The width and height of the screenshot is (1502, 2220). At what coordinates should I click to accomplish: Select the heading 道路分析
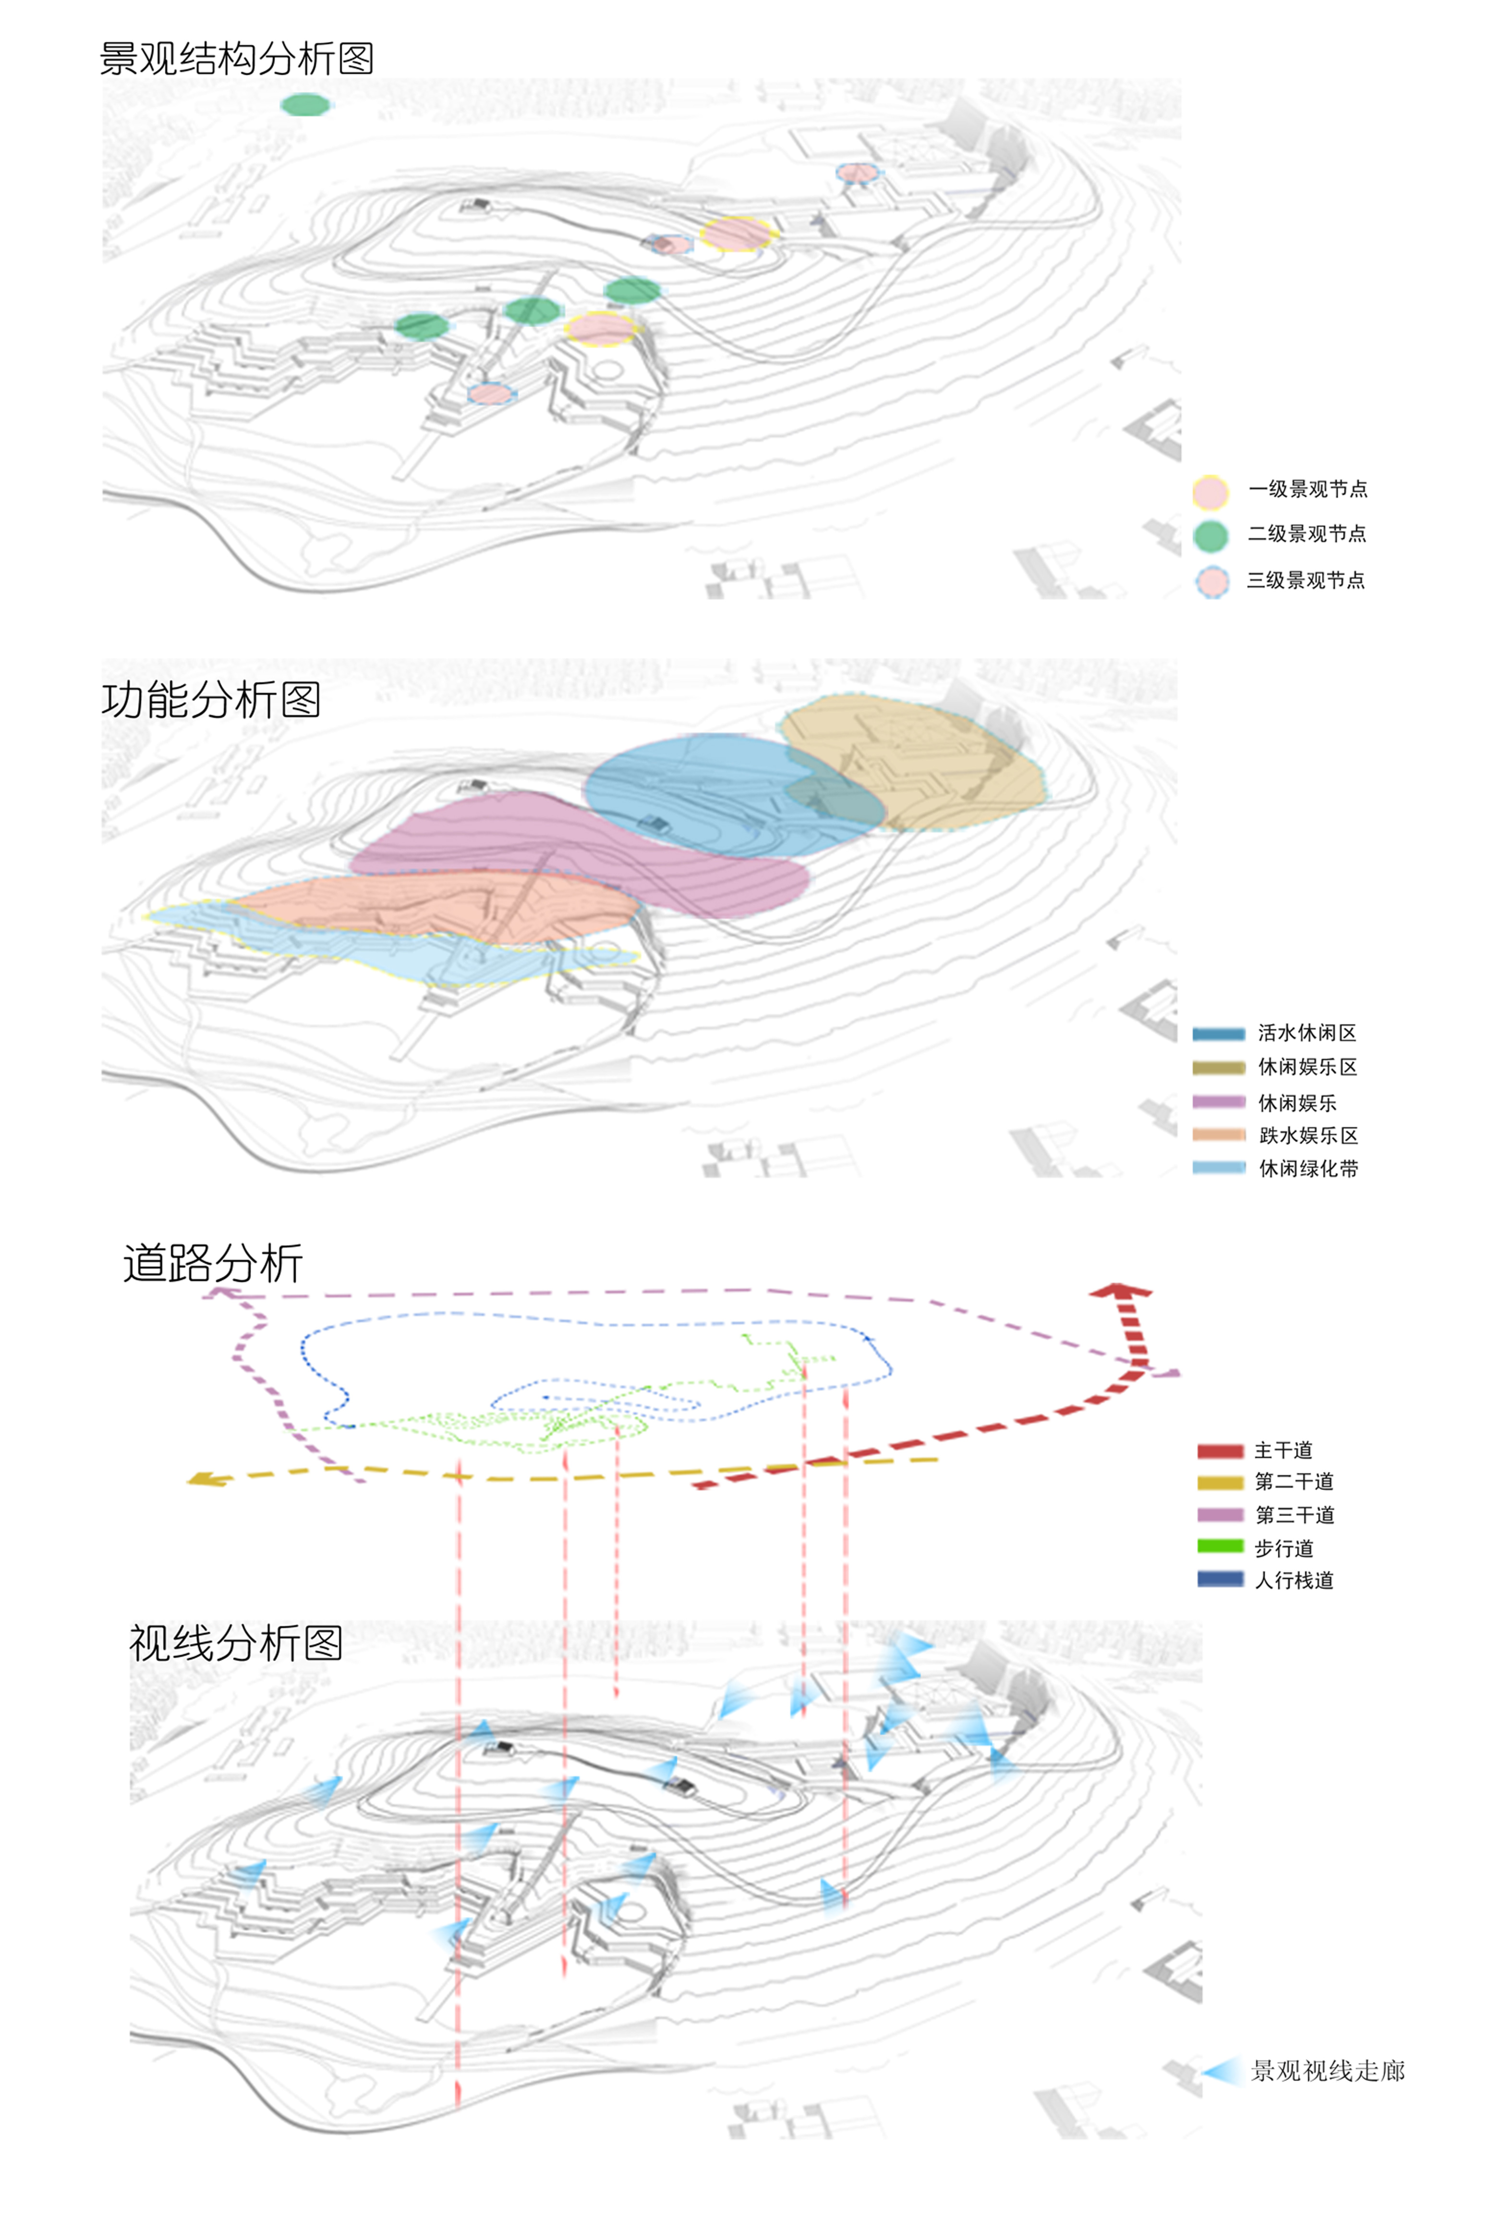click(x=213, y=1263)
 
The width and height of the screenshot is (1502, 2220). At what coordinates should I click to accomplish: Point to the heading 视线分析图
click(x=236, y=1643)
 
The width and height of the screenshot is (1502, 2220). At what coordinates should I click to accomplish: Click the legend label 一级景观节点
click(x=1307, y=489)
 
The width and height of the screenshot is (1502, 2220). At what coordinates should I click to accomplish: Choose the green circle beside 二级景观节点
click(x=1210, y=536)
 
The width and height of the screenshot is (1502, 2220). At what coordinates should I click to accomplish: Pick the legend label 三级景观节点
click(x=1305, y=580)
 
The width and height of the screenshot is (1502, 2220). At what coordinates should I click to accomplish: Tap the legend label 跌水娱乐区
click(x=1308, y=1135)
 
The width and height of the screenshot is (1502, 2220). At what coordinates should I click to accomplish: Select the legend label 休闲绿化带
click(x=1308, y=1168)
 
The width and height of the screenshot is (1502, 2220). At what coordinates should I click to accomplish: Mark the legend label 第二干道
click(x=1294, y=1481)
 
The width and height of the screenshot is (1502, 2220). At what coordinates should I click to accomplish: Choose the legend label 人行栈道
click(x=1294, y=1580)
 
